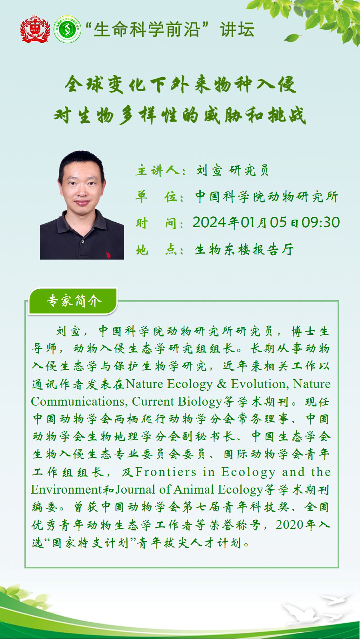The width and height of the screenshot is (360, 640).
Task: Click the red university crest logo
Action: (x=35, y=29)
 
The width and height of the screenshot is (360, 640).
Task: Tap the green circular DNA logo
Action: (x=67, y=29)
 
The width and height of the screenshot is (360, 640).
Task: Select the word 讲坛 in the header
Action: (x=237, y=30)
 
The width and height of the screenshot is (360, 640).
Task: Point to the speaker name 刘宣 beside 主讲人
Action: (x=209, y=170)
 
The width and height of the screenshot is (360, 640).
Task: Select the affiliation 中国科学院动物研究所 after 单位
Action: (x=267, y=197)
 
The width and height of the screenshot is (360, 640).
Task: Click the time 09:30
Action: (x=321, y=222)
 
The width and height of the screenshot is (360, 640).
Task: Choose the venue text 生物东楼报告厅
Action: (x=244, y=249)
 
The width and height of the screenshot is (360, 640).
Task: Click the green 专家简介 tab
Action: (x=73, y=301)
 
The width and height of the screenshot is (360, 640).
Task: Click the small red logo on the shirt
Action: (x=108, y=255)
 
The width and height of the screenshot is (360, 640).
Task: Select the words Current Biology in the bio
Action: (x=177, y=401)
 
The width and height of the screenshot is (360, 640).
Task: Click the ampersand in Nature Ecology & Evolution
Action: (x=222, y=384)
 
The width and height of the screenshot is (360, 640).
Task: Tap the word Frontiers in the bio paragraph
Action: (x=166, y=472)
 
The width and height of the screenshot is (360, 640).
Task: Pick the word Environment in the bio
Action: (x=66, y=489)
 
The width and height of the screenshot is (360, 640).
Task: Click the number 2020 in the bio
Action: (x=289, y=525)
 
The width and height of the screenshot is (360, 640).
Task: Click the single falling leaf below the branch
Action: (x=291, y=38)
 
